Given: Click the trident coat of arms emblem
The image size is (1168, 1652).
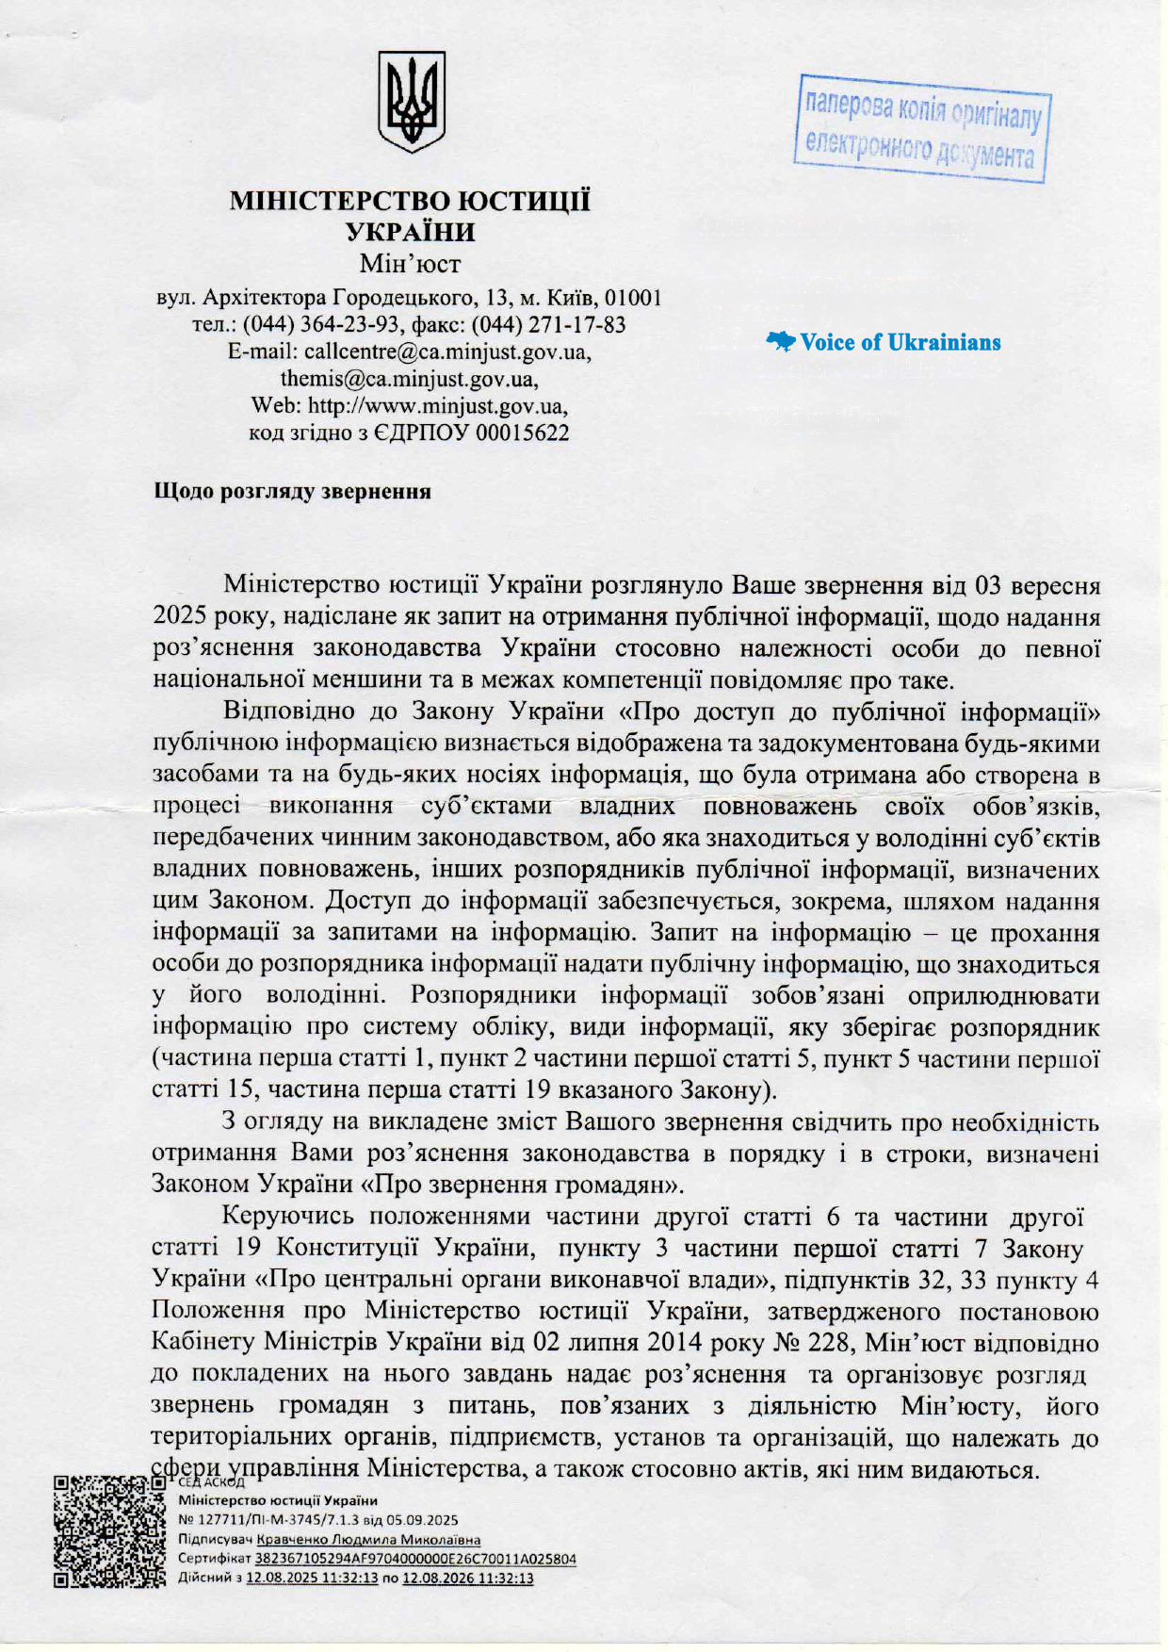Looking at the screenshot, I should coord(411,102).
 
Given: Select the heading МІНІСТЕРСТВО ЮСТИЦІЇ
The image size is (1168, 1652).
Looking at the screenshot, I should coord(411,201).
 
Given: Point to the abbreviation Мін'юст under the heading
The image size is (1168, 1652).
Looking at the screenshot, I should coord(410,263).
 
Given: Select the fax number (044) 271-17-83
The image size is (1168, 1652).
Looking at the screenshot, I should coord(548,325).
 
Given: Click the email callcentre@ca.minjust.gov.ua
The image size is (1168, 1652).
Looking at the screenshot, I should coord(448,352).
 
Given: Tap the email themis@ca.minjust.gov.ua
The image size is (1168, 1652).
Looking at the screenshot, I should coord(409,379).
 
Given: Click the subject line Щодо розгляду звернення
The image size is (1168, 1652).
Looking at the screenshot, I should coord(292,492).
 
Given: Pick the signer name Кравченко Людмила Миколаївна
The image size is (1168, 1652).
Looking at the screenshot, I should coord(368,1540).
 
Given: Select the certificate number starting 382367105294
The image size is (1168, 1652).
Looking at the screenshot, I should coord(416,1559).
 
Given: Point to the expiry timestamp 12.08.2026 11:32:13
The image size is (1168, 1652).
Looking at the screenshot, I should coord(467,1578).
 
